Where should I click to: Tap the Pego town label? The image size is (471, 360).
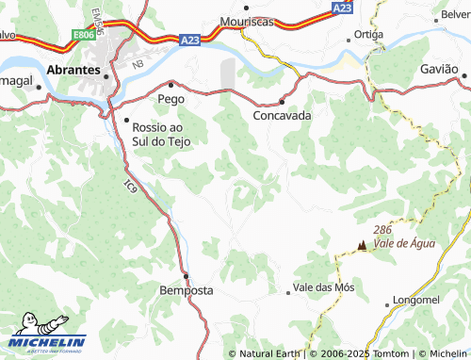tap(171, 97)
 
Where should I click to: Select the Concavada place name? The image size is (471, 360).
tap(282, 116)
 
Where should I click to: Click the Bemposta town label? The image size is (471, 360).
tap(186, 290)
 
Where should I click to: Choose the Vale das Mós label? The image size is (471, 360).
tap(324, 286)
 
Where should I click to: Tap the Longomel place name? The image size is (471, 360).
tap(416, 300)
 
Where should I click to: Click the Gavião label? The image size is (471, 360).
tap(438, 70)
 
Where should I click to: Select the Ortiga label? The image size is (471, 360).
tap(368, 34)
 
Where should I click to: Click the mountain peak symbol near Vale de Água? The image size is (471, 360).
tap(360, 246)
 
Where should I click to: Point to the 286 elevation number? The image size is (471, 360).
tap(382, 230)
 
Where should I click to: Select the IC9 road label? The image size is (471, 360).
tap(129, 187)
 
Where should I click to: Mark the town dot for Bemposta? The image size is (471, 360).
tap(186, 276)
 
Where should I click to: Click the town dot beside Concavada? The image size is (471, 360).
tap(282, 102)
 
